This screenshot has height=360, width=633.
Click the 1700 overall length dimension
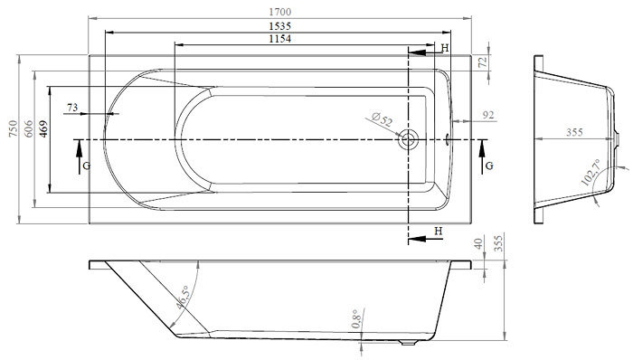[279, 12]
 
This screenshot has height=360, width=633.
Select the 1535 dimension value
[279, 26]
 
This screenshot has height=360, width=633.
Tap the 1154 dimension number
[279, 39]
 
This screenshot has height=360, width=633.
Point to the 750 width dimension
[14, 128]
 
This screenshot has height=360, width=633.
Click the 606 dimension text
[28, 128]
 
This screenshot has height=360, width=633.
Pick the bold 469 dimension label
[43, 128]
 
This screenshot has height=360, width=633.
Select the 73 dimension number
[72, 108]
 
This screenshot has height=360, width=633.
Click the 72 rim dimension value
[483, 62]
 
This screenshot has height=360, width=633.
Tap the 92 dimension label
[488, 115]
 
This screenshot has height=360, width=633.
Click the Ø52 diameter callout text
[382, 120]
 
